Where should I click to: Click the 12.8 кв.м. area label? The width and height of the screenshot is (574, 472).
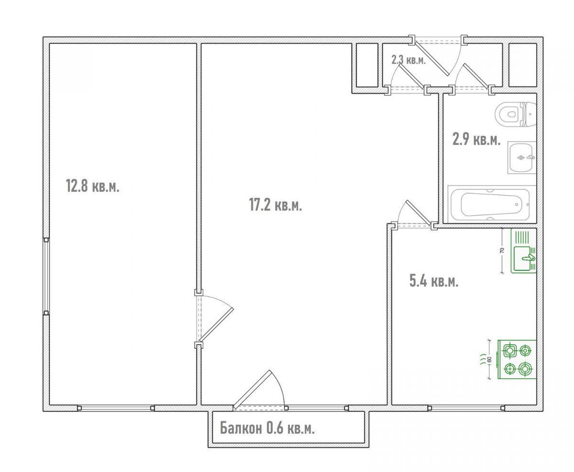(x=92, y=187)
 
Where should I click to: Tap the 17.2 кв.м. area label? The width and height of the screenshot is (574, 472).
(x=276, y=205)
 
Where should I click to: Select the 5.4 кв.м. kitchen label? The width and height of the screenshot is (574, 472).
(x=434, y=281)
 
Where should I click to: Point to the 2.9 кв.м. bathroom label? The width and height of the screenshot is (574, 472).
(x=476, y=140)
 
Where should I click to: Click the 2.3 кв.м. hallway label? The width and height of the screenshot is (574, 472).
(x=408, y=60)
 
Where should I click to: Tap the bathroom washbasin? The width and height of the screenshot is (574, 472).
(x=521, y=157)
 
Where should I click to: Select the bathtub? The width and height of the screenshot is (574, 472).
(x=492, y=204)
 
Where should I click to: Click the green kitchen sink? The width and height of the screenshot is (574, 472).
(x=523, y=251)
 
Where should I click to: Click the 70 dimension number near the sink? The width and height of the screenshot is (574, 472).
(x=502, y=250)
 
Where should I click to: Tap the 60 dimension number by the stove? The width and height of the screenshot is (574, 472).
(x=490, y=359)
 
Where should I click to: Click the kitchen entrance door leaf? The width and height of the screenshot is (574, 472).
(x=419, y=213)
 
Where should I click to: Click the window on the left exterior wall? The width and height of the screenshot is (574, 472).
(x=46, y=276)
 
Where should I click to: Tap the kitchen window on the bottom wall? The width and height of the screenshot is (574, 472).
(x=466, y=408)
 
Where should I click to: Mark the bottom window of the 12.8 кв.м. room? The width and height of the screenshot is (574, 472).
(x=116, y=408)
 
